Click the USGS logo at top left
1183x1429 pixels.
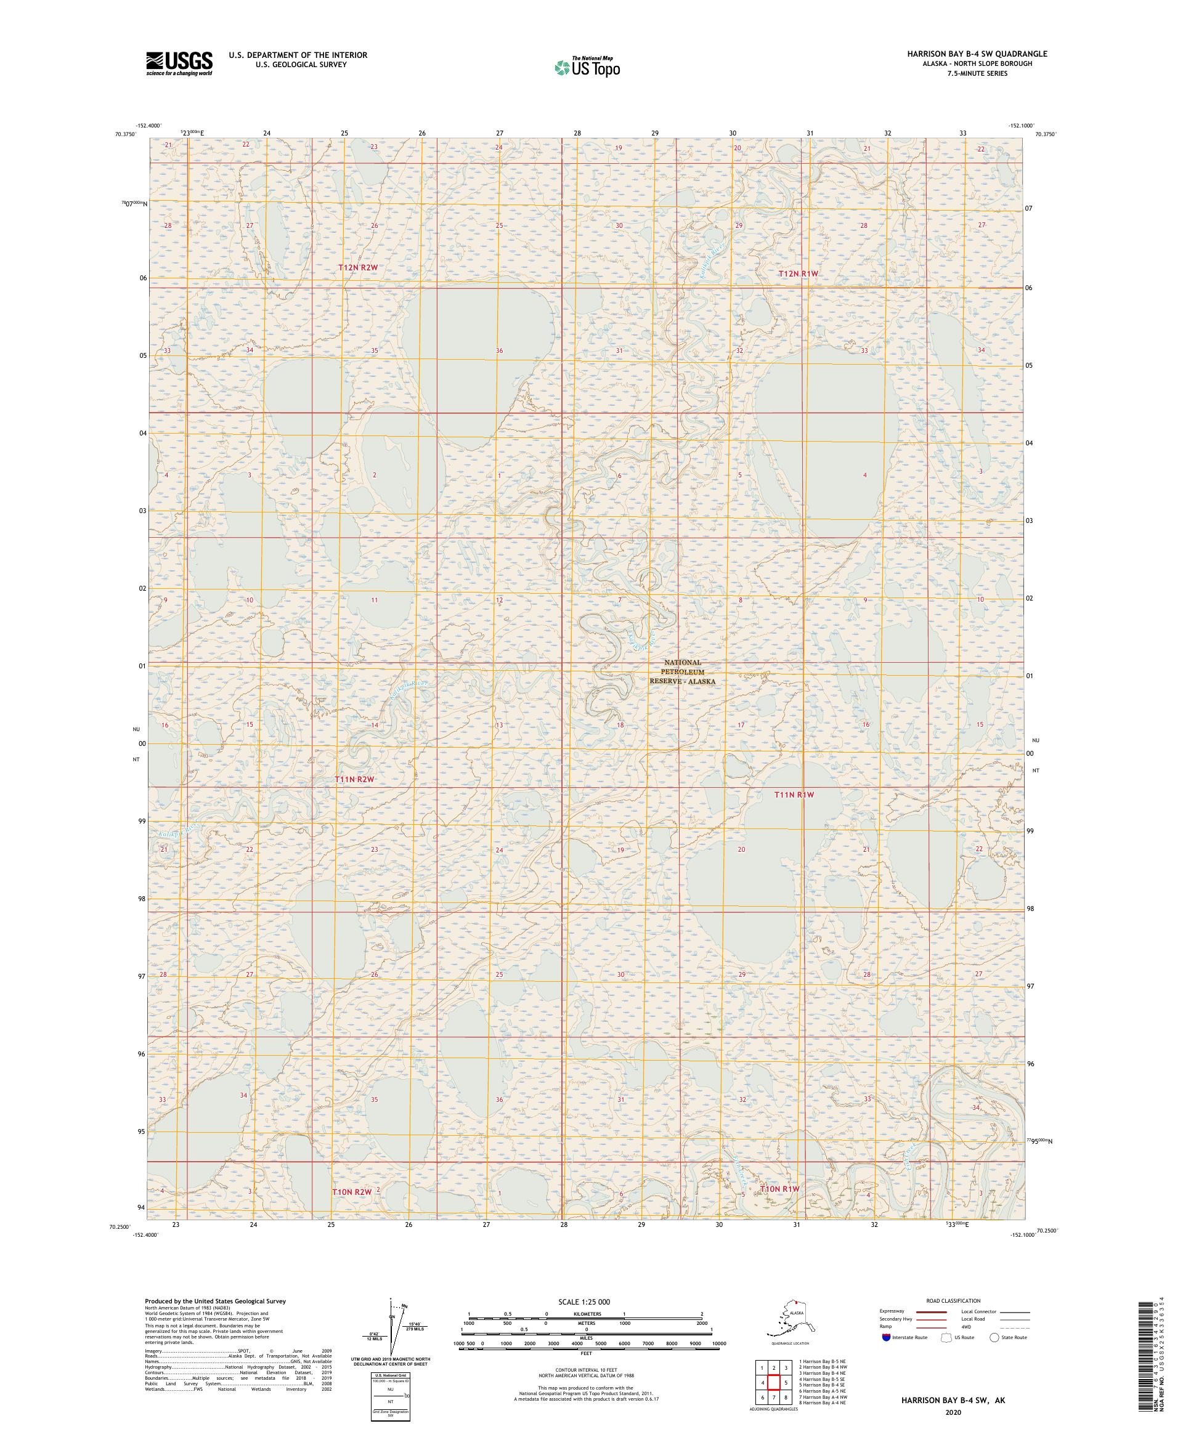pyautogui.click(x=178, y=63)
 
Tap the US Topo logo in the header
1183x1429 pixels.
pyautogui.click(x=587, y=67)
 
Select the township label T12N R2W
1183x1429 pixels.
pyautogui.click(x=358, y=268)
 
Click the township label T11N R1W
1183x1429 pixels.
pyautogui.click(x=794, y=794)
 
